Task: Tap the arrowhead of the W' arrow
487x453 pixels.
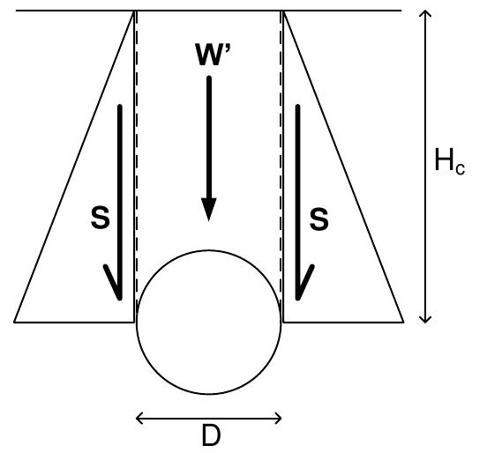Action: pos(209,210)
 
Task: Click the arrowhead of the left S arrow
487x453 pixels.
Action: pos(116,286)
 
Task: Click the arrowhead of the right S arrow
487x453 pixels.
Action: pos(302,286)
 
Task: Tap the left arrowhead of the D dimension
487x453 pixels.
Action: pos(141,418)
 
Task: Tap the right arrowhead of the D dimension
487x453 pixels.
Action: pos(277,418)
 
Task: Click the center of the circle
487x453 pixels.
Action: pos(209,322)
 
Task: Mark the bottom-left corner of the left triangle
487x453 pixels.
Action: pos(16,321)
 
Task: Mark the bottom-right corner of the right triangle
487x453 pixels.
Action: pos(402,321)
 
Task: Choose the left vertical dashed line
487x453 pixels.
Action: pos(138,159)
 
